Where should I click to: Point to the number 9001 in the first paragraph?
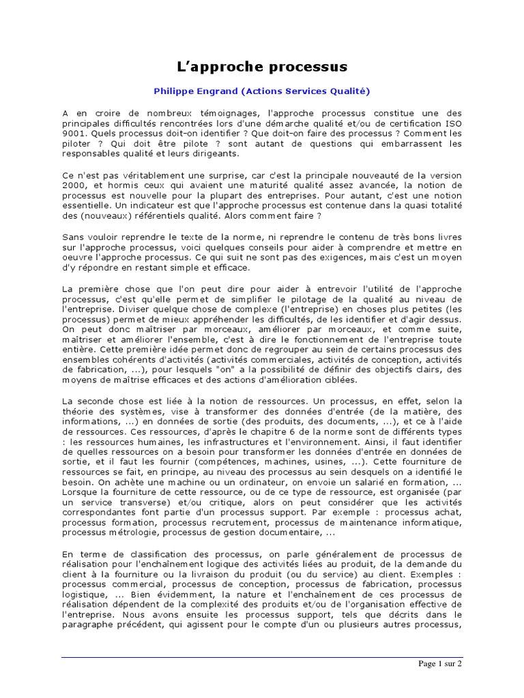coord(72,133)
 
